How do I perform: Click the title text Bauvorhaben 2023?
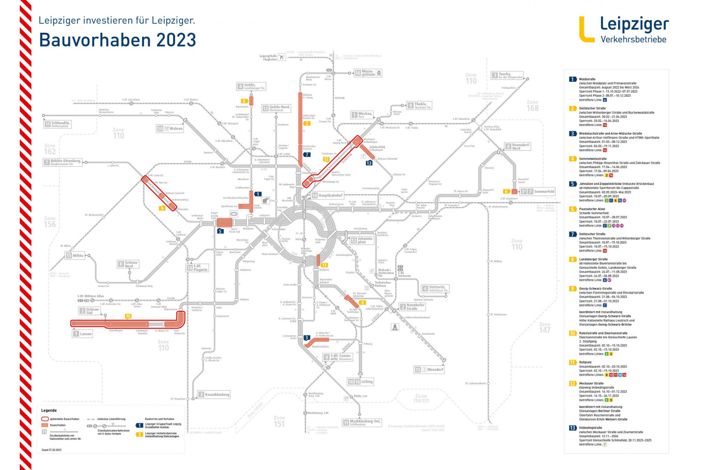pos(118,40)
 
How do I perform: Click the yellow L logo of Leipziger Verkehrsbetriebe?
pos(586,30)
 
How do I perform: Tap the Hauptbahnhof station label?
pos(330,195)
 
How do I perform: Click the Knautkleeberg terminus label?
pos(217,394)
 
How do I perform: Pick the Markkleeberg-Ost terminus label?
pos(365,422)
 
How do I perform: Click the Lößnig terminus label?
pos(367,382)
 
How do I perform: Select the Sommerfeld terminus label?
pos(544,191)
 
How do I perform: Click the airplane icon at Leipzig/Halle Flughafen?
pos(282,57)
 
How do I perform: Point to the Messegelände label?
pos(368,73)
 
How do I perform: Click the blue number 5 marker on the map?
pos(221,231)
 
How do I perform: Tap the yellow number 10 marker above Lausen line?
pos(128,316)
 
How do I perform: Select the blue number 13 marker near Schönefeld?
pos(369,163)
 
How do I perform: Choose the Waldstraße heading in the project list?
pos(587,79)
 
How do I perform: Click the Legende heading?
pos(49,410)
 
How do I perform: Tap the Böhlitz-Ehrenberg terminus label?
pos(66,162)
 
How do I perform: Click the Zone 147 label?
pos(545,327)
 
